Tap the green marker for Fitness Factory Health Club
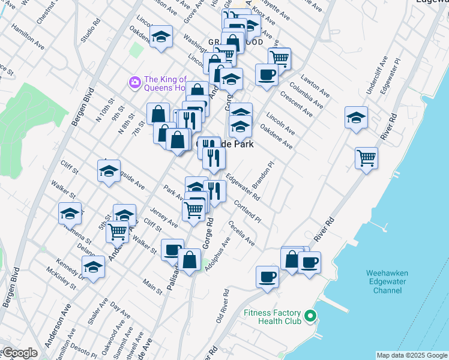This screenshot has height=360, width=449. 310,315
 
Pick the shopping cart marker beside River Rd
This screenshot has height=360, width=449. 366,158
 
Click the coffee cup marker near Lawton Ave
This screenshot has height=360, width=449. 267,75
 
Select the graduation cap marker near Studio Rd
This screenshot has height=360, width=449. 161,37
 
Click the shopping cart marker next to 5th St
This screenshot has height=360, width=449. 117,230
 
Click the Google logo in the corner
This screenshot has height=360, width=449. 19,353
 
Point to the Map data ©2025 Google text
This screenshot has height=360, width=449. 412,355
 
